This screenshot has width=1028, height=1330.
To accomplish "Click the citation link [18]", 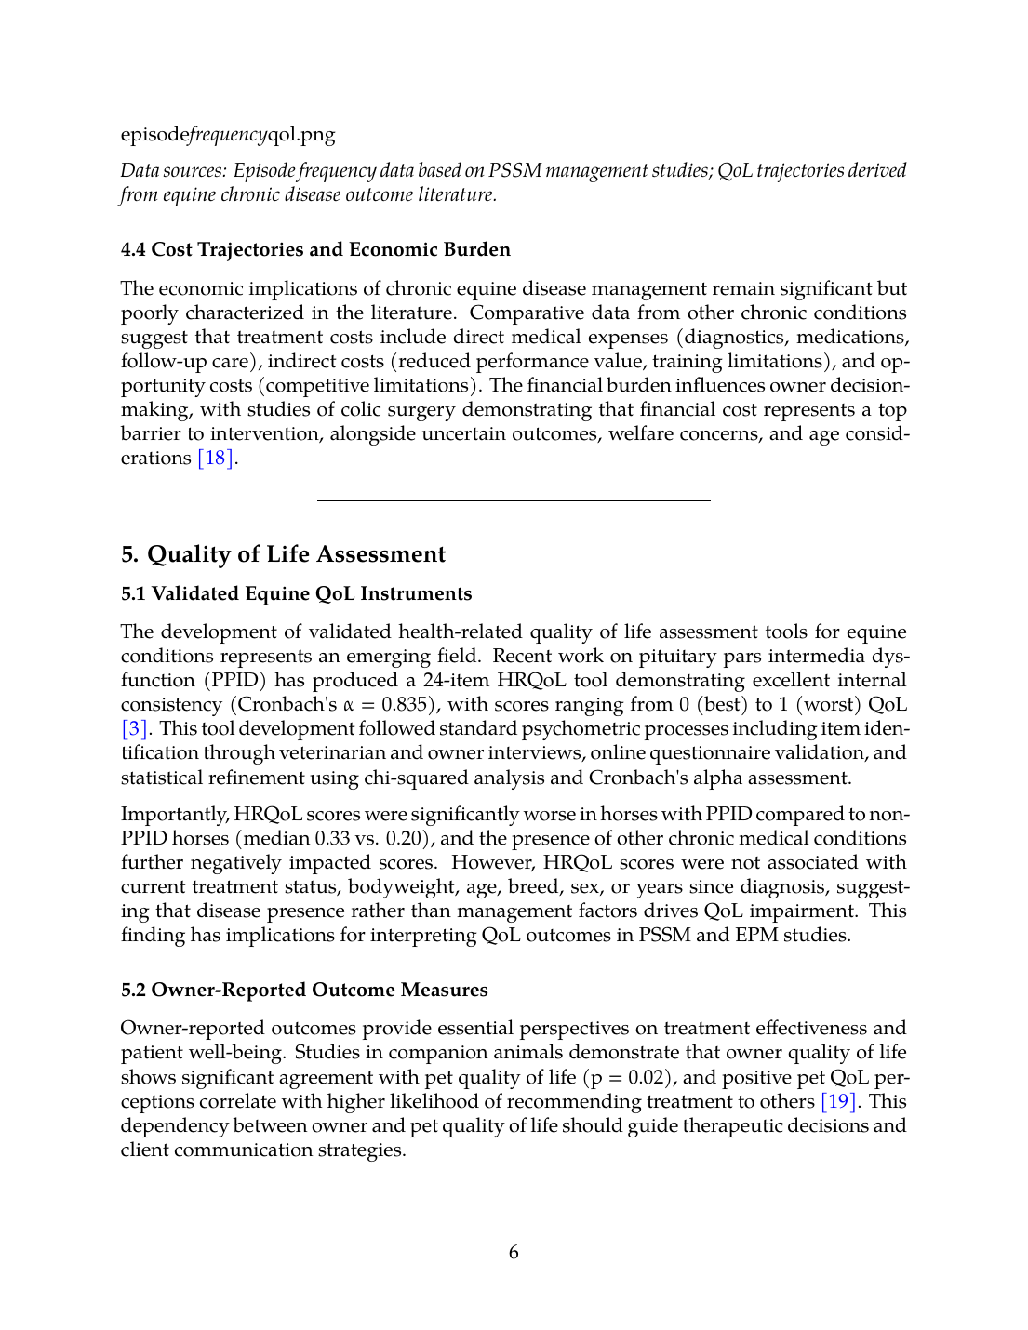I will tap(216, 459).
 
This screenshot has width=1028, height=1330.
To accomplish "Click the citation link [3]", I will tap(135, 729).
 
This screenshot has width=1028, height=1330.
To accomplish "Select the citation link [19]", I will tap(838, 1102).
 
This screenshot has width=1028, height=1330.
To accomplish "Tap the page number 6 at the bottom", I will tap(514, 1253).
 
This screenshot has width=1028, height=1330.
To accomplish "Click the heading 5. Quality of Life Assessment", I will tap(283, 554).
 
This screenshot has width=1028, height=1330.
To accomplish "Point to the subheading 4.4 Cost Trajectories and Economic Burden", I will tap(315, 249).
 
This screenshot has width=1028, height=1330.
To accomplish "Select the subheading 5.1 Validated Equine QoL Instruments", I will tap(296, 593).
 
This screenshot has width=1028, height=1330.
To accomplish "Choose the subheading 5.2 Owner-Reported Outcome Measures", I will tap(304, 990).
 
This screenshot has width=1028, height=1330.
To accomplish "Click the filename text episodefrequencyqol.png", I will tap(228, 134).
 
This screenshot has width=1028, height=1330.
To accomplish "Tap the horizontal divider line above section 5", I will tap(514, 501).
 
